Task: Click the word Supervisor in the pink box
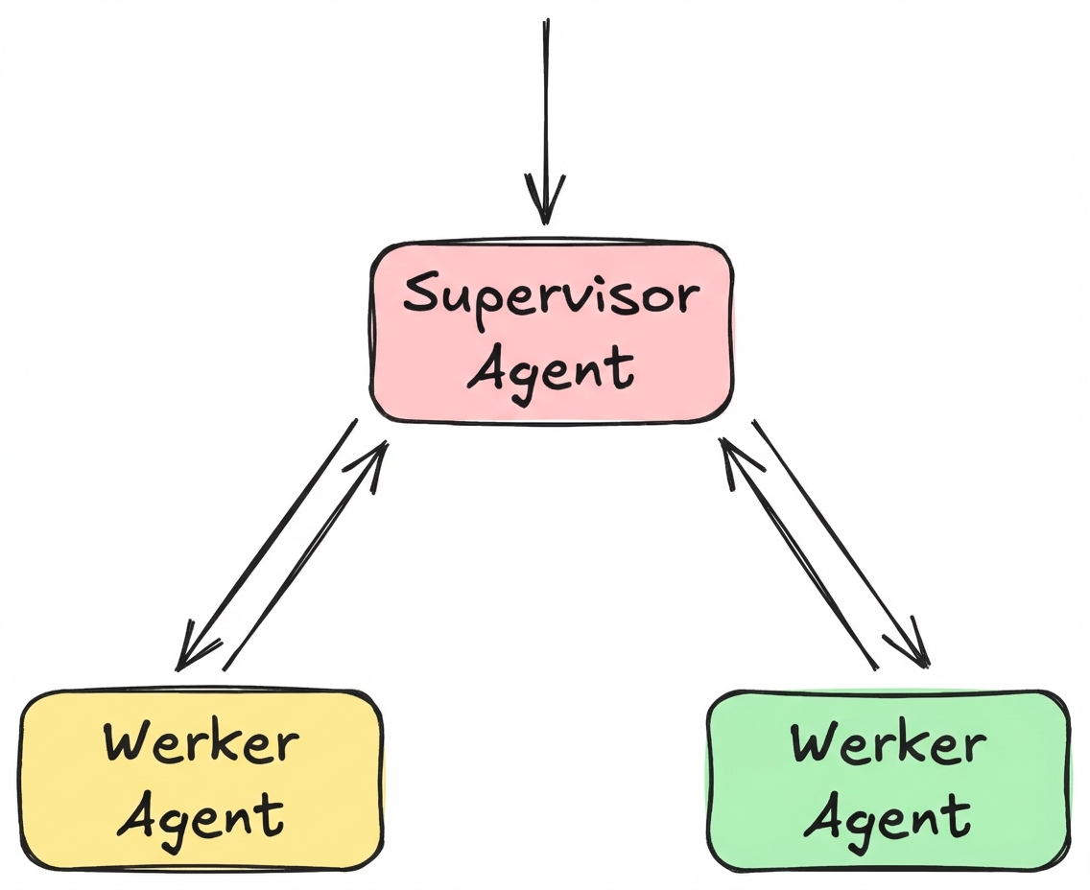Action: [x=549, y=297]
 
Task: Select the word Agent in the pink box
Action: [x=551, y=367]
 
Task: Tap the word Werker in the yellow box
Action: [x=201, y=743]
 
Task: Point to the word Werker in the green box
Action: [x=888, y=743]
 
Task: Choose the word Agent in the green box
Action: [x=887, y=818]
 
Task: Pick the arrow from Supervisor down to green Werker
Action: [x=841, y=542]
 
